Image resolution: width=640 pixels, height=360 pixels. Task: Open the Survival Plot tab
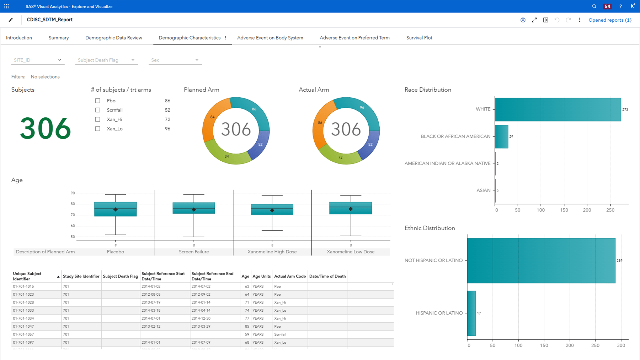tap(419, 38)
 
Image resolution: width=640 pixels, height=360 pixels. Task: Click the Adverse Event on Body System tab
tap(270, 38)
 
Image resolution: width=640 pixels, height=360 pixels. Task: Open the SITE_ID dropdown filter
tap(37, 60)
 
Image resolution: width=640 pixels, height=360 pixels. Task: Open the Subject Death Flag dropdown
tap(106, 60)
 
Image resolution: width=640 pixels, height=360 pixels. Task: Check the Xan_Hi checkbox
tap(98, 119)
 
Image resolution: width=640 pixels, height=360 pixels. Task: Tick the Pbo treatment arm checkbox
tap(98, 101)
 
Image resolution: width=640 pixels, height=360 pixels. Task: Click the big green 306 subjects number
tap(45, 128)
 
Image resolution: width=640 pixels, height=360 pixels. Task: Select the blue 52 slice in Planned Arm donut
tap(261, 144)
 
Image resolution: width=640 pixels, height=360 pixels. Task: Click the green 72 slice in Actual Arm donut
tap(340, 157)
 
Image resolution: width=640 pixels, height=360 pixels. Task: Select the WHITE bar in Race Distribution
tap(558, 109)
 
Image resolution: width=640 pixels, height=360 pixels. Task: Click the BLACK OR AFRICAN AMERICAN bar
tap(501, 136)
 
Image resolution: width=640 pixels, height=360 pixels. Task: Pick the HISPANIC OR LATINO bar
tap(471, 313)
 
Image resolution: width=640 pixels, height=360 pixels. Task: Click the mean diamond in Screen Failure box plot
tap(194, 210)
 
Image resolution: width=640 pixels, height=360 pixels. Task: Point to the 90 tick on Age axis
tap(73, 193)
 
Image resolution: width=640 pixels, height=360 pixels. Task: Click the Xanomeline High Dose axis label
tap(272, 252)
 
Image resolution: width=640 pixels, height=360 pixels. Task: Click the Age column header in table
tap(245, 276)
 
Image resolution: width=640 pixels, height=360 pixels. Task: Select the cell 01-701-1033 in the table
tap(23, 310)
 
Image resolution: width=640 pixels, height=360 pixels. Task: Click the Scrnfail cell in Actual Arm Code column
tap(280, 334)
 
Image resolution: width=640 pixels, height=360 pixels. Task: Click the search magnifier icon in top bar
tap(594, 6)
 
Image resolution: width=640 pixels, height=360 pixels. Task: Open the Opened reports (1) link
tap(610, 20)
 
